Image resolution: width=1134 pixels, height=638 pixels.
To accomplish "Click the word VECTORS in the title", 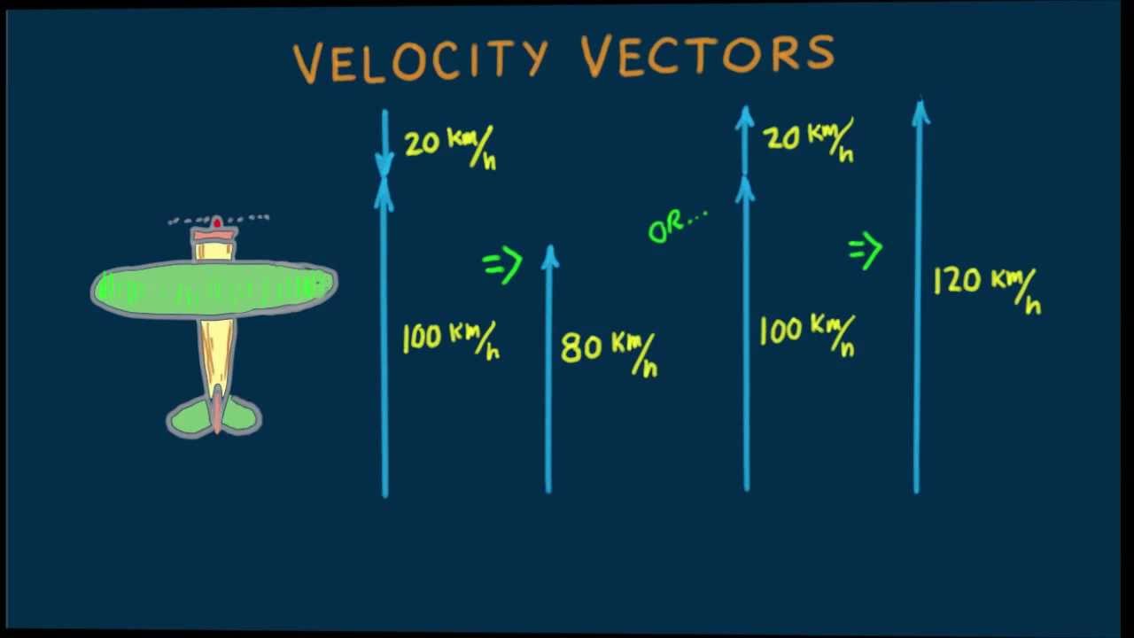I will [707, 55].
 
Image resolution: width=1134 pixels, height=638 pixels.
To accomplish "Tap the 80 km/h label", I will [609, 351].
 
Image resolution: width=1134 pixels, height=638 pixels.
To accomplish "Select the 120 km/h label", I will [986, 287].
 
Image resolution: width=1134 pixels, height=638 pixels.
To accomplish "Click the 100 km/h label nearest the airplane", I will [450, 339].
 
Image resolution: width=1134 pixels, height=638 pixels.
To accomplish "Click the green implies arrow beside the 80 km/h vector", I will [502, 264].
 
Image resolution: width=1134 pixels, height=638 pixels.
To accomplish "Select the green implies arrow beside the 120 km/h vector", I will [866, 251].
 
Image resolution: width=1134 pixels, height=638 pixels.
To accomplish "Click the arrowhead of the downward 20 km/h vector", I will [384, 164].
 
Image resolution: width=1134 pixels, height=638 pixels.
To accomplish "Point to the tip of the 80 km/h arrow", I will [550, 252].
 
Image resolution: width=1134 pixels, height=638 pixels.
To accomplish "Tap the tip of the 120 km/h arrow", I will [920, 108].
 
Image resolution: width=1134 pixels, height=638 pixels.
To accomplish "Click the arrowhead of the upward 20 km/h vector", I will [745, 115].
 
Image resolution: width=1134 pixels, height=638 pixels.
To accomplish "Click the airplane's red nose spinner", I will [216, 222].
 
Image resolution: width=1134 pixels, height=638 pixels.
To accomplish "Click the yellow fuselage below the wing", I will [215, 350].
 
